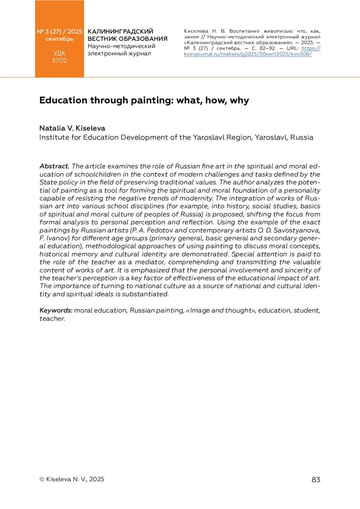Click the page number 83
click(316, 480)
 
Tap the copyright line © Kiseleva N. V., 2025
click(72, 479)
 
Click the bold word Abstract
click(54, 166)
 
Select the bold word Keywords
click(56, 310)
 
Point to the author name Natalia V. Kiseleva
click(72, 128)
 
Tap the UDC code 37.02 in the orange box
click(59, 61)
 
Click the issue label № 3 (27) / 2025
click(59, 31)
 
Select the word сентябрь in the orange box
click(59, 39)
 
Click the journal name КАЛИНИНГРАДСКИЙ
click(120, 31)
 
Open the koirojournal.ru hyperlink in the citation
click(247, 54)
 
